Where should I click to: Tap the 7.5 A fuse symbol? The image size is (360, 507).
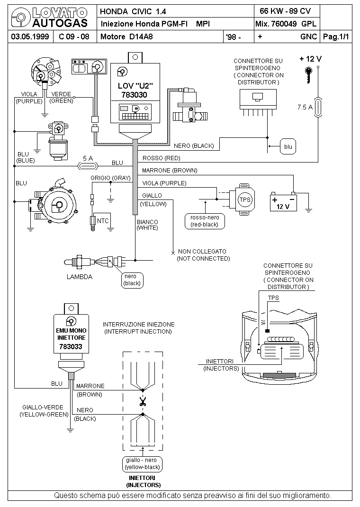318,107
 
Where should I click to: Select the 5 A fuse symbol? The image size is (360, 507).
88,166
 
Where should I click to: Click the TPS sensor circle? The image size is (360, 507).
244,199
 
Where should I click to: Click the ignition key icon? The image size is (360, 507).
309,75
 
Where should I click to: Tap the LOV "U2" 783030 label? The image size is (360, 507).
135,90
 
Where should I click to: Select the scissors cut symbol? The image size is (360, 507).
143,402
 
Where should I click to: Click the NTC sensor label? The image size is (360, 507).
103,221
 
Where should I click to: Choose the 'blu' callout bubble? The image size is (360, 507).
288,146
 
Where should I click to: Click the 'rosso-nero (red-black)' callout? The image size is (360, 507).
205,221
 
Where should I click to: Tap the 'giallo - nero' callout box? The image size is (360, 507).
142,464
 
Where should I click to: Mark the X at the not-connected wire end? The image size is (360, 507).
173,253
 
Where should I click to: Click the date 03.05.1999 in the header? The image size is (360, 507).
30,36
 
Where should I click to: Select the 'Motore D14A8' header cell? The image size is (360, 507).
126,36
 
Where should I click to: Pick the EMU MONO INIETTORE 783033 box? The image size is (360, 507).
71,334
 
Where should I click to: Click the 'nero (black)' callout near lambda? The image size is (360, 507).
132,280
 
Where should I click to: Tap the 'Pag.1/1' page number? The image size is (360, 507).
336,36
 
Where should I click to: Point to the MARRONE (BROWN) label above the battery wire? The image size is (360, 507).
170,171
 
